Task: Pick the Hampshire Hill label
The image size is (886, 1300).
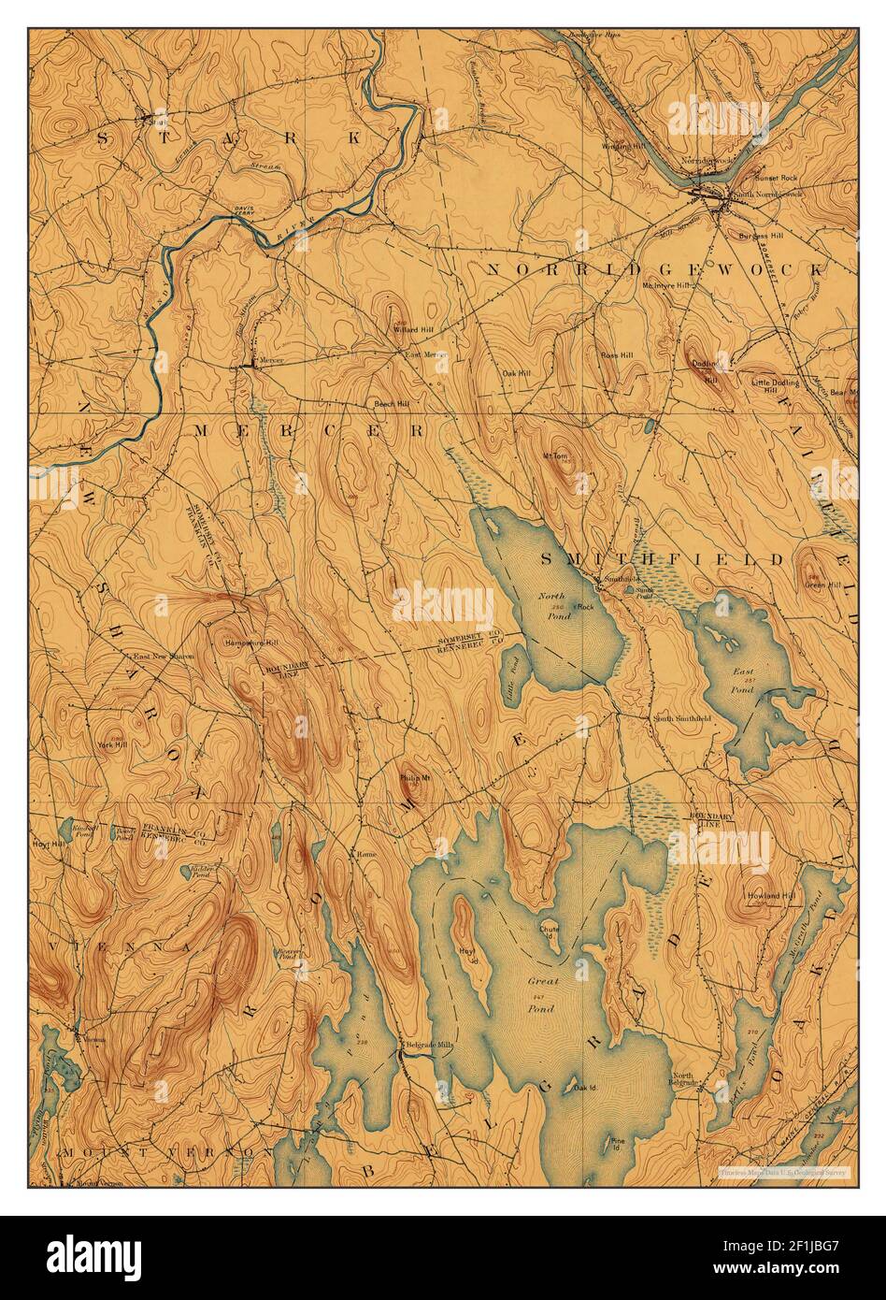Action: (251, 643)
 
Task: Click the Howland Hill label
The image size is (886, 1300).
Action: (771, 896)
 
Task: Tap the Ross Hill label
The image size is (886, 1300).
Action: (616, 355)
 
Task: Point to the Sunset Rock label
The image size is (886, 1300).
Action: (760, 174)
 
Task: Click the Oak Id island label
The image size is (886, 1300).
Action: (585, 1088)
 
